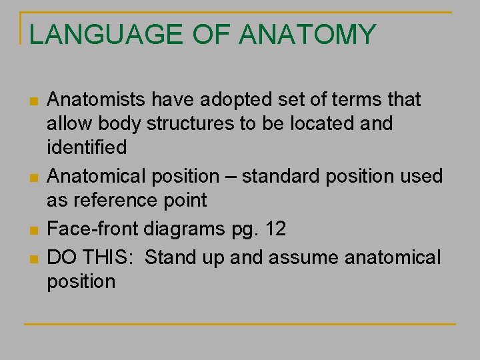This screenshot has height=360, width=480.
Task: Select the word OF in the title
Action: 213,35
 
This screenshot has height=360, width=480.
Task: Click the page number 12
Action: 275,229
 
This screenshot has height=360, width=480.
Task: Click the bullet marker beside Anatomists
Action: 34,102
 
